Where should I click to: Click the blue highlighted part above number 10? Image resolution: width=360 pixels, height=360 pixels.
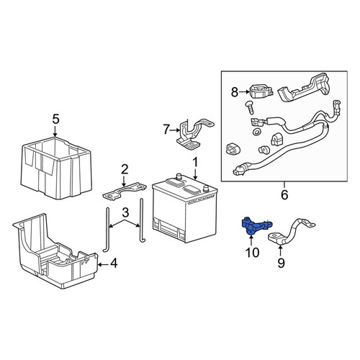point(255,225)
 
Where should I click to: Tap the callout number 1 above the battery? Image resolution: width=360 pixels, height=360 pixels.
point(196,163)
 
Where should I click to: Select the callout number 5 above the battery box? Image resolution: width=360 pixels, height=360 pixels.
point(55,120)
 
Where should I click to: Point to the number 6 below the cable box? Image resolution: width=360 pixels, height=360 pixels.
point(284,195)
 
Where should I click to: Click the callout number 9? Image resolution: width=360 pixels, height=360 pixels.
point(281,263)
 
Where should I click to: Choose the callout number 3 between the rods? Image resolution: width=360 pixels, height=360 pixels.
point(125,212)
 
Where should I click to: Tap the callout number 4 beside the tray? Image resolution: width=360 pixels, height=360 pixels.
point(114,264)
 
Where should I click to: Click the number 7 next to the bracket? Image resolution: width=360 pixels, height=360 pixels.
point(166,130)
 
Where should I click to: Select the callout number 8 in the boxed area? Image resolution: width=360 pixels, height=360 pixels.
point(235,92)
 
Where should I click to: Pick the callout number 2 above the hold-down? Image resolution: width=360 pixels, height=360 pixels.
point(125,170)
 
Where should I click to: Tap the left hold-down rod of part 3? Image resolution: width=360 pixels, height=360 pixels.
point(107,230)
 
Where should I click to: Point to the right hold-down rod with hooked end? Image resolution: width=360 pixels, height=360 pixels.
point(142,220)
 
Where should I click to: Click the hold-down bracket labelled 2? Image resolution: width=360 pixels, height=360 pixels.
point(125,192)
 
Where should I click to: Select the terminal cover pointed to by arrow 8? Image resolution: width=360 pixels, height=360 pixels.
point(261,91)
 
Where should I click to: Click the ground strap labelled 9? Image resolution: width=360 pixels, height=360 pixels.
point(292,232)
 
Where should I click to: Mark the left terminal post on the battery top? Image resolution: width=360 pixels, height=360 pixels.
point(179,176)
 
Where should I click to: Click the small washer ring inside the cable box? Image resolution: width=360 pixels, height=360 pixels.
point(257,132)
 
